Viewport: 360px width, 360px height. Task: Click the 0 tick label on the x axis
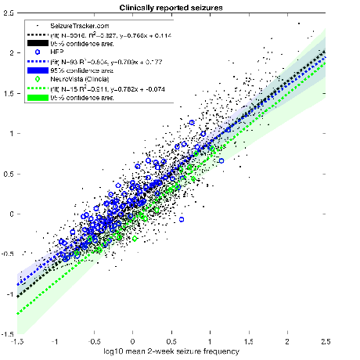tap(132, 342)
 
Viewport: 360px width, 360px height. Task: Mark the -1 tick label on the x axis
tap(54, 342)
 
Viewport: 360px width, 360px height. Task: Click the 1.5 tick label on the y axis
tap(7, 92)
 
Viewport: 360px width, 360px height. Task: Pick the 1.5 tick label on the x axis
tap(249, 342)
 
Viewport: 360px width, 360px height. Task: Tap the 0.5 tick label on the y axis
tap(7, 173)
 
